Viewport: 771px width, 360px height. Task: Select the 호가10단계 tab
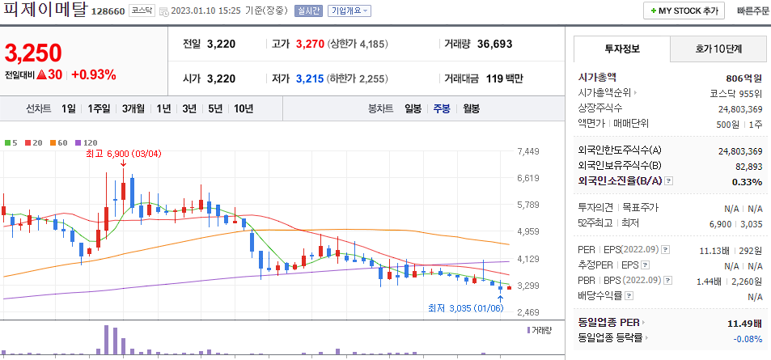(718, 49)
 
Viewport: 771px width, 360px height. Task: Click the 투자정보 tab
(621, 49)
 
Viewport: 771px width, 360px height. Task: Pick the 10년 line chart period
(244, 108)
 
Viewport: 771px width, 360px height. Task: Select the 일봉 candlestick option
(413, 108)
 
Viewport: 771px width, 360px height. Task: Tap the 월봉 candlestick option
(471, 108)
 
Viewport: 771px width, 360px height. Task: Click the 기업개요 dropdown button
(349, 11)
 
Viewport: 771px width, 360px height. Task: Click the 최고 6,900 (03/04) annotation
(123, 153)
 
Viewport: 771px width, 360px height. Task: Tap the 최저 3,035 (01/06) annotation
(465, 308)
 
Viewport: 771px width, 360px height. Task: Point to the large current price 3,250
(33, 53)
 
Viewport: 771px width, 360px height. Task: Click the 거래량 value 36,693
(494, 44)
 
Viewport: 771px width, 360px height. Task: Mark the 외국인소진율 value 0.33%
(748, 181)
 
